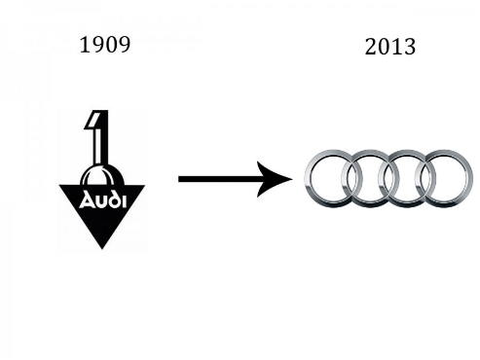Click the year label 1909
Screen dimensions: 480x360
point(105,45)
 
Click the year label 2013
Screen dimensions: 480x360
point(390,47)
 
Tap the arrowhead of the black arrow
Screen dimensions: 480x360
point(275,179)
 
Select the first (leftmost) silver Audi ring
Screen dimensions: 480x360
point(306,178)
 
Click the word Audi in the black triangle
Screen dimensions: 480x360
point(102,200)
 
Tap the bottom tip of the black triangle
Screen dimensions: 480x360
point(102,249)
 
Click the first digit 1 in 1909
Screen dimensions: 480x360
point(85,45)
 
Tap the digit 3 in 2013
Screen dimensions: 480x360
point(410,47)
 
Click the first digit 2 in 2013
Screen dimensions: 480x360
point(371,47)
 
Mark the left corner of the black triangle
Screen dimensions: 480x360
point(59,185)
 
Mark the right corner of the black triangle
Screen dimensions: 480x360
point(145,186)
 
